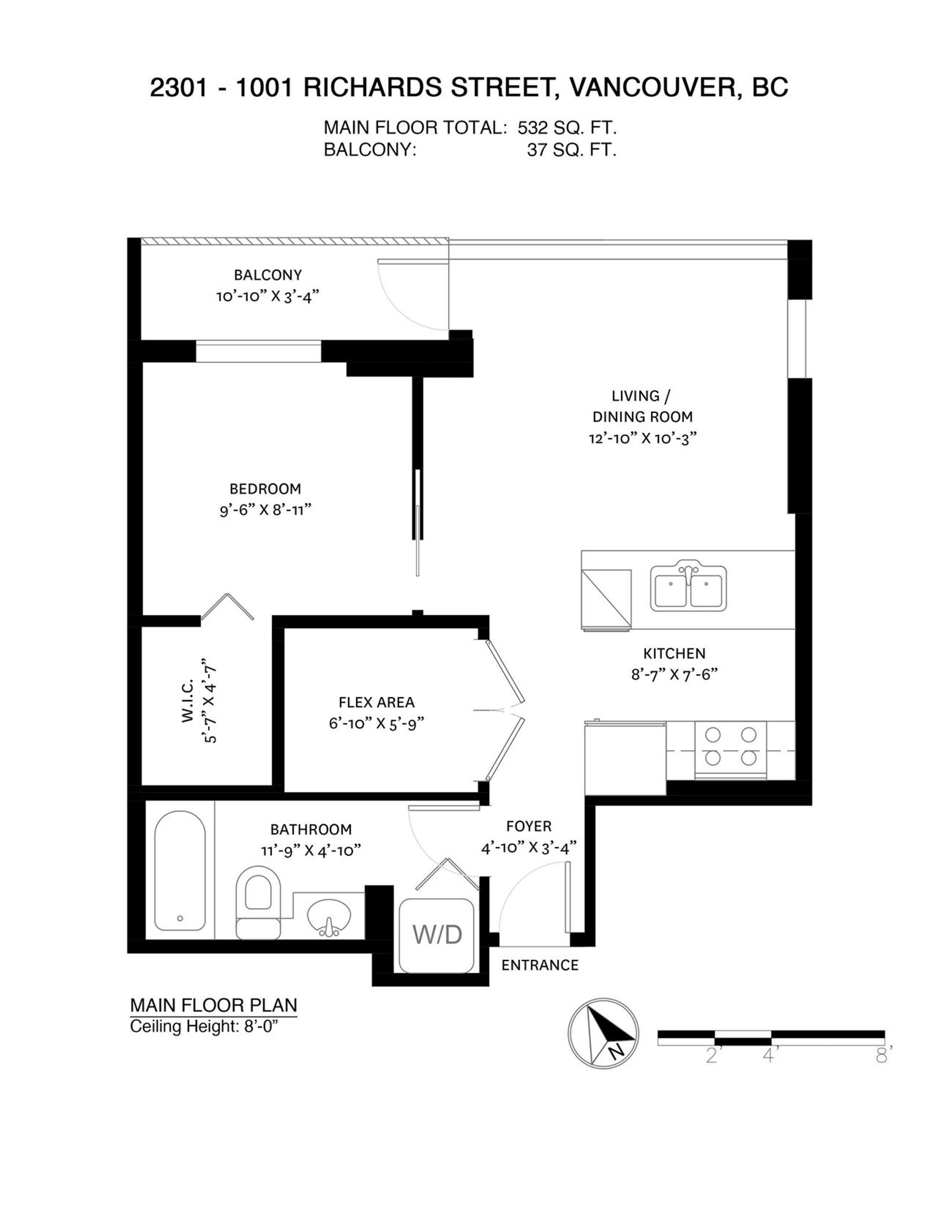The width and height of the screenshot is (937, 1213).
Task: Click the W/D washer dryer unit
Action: [x=436, y=936]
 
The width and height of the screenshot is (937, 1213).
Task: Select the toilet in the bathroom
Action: [x=258, y=901]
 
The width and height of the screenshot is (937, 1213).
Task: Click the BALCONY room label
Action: [x=268, y=275]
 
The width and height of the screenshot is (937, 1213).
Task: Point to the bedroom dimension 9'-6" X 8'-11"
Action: [x=265, y=510]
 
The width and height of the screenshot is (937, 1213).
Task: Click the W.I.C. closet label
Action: [x=186, y=700]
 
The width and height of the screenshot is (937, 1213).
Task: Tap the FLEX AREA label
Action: [x=377, y=703]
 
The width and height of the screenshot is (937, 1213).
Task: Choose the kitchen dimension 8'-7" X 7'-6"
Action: [x=674, y=674]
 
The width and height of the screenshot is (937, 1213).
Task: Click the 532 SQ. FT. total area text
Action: [x=567, y=128]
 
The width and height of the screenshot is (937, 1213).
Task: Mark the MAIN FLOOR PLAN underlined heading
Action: [x=213, y=1005]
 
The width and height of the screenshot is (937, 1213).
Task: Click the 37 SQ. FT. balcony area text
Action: [x=571, y=150]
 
